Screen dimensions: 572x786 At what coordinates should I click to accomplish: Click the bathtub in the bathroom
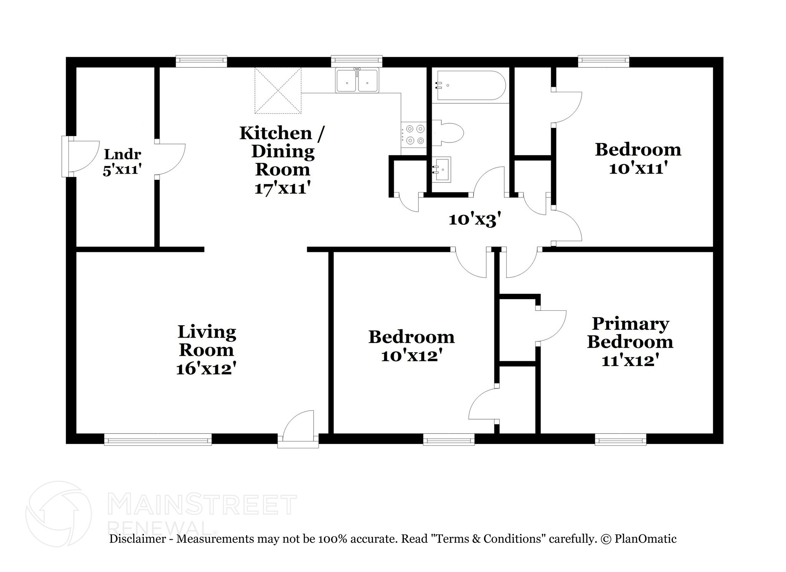(x=469, y=85)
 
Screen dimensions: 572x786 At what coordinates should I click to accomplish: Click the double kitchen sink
(x=357, y=80)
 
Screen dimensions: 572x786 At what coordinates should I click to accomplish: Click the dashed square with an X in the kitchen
(x=278, y=91)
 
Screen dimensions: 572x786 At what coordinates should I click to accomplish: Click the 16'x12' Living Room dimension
(x=206, y=369)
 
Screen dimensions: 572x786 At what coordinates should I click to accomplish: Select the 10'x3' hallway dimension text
(x=475, y=220)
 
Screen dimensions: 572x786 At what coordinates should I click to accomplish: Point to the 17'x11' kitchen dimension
(x=282, y=188)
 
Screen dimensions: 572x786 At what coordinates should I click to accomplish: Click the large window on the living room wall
(x=158, y=439)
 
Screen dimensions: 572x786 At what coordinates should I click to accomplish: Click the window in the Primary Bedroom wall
(x=620, y=439)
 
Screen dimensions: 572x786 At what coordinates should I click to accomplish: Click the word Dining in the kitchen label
(x=283, y=151)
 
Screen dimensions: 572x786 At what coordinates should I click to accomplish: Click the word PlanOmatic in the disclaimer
(x=645, y=539)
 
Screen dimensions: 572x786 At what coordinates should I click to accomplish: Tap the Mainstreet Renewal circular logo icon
(x=58, y=514)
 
